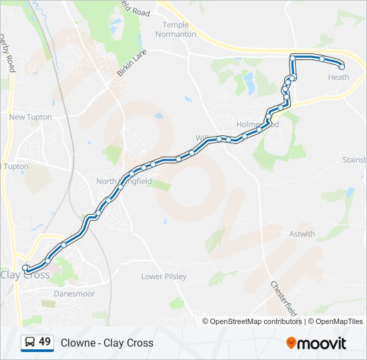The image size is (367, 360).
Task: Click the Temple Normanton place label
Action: point(175,29)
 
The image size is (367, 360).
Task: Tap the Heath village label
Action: point(338,77)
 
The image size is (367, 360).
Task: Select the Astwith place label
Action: point(302,234)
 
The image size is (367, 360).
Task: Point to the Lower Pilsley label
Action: point(163,276)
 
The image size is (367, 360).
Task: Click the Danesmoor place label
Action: point(74,293)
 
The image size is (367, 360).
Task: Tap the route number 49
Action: point(45,342)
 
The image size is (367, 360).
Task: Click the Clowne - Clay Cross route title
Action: point(107,343)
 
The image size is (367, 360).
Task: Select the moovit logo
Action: point(316,343)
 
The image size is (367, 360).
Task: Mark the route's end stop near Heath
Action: point(342,67)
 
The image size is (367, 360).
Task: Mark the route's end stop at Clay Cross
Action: point(25,268)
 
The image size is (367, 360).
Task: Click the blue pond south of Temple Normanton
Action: point(249,83)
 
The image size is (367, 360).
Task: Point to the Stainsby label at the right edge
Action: point(354,160)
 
